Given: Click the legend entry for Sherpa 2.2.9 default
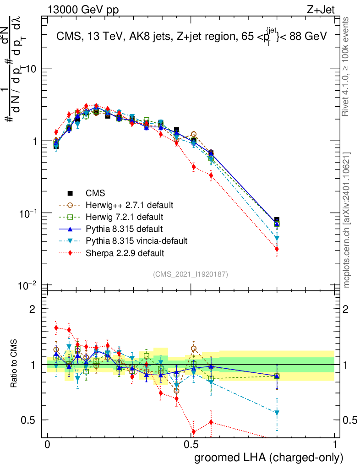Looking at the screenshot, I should click(125, 253).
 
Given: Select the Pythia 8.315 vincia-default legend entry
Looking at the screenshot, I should click(136, 240).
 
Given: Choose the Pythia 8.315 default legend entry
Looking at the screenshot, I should click(124, 228).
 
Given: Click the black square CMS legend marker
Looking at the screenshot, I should click(70, 193).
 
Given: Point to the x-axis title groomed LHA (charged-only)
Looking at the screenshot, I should click(269, 457).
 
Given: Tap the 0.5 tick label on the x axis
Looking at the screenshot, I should click(191, 445).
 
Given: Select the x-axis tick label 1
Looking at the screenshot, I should click(335, 445).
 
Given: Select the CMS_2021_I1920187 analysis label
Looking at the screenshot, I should click(191, 274).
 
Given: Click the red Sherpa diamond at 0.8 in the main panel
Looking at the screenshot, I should click(277, 249).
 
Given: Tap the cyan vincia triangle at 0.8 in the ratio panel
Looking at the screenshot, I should click(277, 413).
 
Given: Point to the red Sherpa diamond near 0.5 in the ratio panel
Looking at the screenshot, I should click(194, 431).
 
